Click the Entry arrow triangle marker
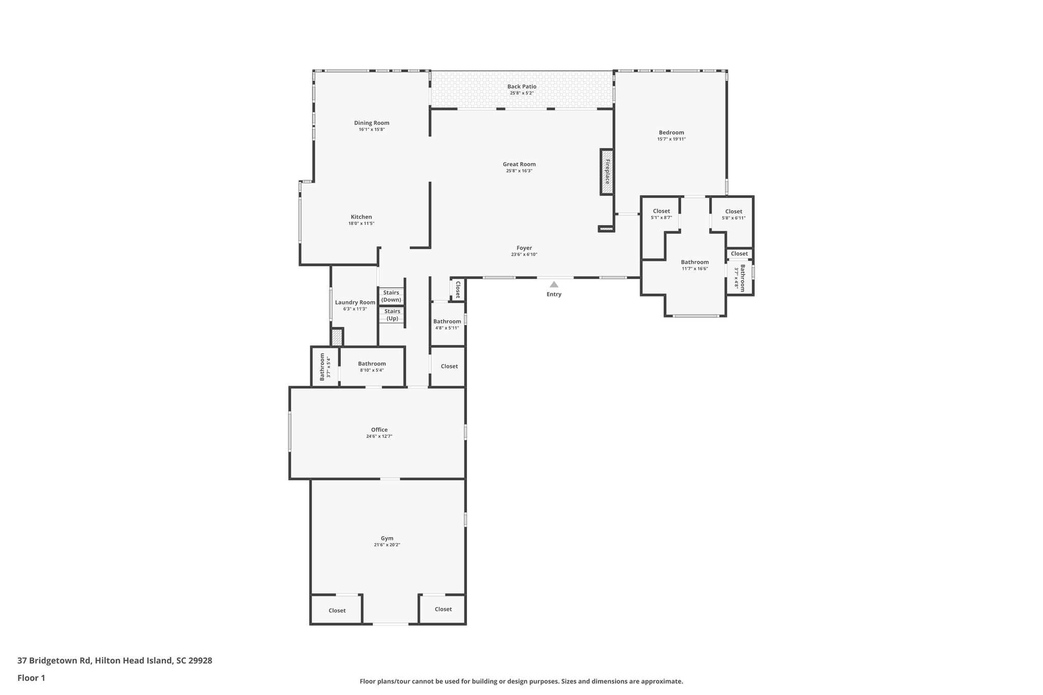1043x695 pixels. coord(554,285)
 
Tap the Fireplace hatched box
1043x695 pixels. coord(607,172)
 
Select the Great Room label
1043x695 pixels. coord(519,164)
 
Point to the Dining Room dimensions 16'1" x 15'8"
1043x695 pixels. coord(372,129)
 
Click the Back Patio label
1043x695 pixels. coord(521,87)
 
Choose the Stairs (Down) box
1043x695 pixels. coord(392,296)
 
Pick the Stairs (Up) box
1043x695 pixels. coord(392,315)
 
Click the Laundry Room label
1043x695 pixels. coord(355,302)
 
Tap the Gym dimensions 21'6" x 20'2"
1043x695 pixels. coord(387,545)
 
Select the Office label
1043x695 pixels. coord(379,430)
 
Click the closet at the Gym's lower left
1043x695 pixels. coord(337,610)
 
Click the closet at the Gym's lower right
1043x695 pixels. coord(443,609)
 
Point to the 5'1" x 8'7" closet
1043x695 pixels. coord(661,214)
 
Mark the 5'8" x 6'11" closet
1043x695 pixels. coord(733,214)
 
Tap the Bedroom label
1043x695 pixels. coord(671,132)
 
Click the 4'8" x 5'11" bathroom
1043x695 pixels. coord(447,324)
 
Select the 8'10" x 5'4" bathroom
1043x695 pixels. coord(372,367)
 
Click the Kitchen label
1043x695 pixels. coord(361,217)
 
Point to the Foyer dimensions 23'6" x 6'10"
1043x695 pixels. coord(524,255)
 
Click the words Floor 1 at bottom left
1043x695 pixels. coord(31,678)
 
